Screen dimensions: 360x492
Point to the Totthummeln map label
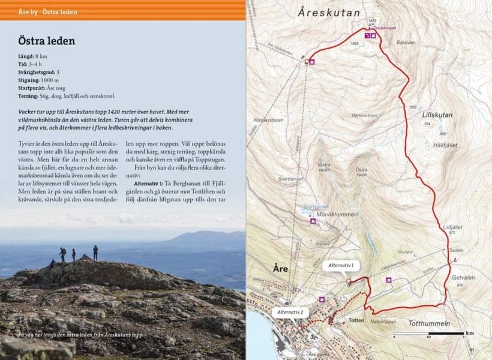tap(429, 324)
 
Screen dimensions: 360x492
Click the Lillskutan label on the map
tap(436, 114)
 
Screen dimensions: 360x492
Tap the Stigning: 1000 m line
tap(38, 80)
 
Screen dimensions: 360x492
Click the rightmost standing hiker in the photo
tap(95, 252)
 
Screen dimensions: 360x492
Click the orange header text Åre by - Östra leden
tap(39, 12)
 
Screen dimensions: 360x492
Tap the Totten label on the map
tap(356, 321)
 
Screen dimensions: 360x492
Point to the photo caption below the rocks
tap(80, 334)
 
